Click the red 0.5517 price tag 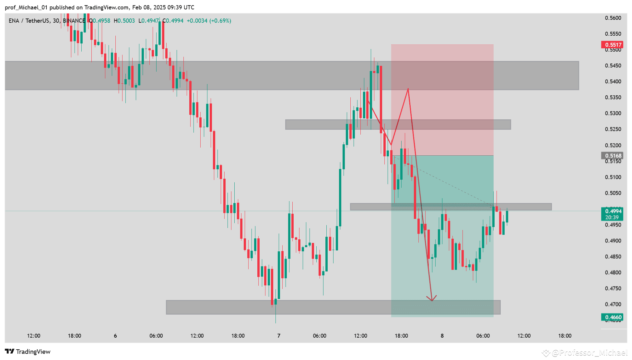coord(612,45)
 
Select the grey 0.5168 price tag coord(612,156)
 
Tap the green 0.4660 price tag coord(612,317)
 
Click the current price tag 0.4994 coord(612,211)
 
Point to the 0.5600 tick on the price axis coord(613,18)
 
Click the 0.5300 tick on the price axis coord(613,113)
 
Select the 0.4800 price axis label coord(613,272)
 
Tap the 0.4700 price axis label coord(613,304)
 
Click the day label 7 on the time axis coord(279,336)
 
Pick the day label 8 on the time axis coord(442,336)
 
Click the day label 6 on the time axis coord(115,336)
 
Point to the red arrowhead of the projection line coord(432,300)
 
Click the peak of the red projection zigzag coord(408,89)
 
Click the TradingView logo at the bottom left coord(28,352)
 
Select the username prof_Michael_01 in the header coord(26,7)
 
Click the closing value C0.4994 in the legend coord(173,21)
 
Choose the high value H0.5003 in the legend coord(124,21)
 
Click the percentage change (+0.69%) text coord(220,21)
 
